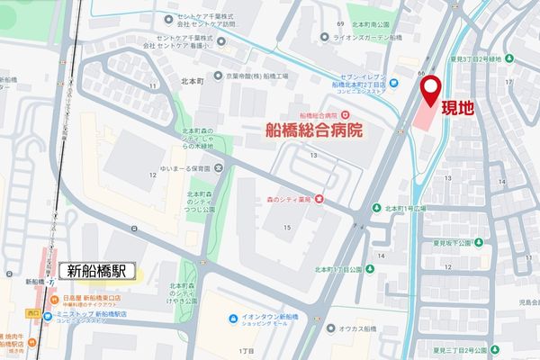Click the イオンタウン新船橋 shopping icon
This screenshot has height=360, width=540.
233,317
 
